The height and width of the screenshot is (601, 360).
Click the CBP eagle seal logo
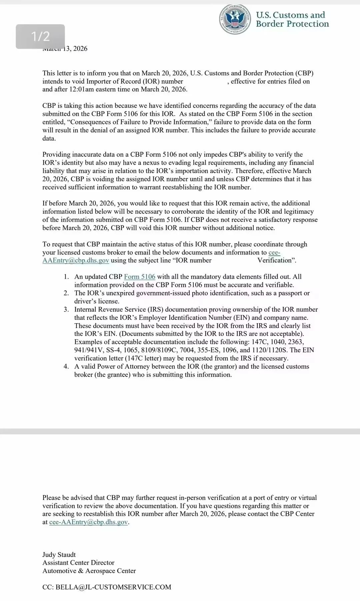pyautogui.click(x=235, y=19)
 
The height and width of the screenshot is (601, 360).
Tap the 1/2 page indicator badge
pyautogui.click(x=40, y=36)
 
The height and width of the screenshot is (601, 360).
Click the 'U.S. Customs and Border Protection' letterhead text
pyautogui.click(x=292, y=19)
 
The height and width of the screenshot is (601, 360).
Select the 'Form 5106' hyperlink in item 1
pyautogui.click(x=140, y=277)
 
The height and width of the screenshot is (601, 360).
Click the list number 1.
pyautogui.click(x=66, y=277)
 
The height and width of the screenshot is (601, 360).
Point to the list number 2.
pyautogui.click(x=66, y=293)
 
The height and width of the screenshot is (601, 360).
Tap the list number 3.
pyautogui.click(x=66, y=310)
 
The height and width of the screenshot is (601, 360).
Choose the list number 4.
pyautogui.click(x=66, y=367)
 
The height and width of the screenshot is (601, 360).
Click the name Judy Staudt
pyautogui.click(x=59, y=555)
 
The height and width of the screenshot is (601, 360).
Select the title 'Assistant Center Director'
pyautogui.click(x=78, y=563)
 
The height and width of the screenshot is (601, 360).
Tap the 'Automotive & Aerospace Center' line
pyautogui.click(x=89, y=571)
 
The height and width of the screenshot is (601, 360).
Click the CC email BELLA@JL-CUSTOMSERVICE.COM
pyautogui.click(x=113, y=587)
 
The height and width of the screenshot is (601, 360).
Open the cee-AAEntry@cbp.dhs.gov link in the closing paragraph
pyautogui.click(x=88, y=522)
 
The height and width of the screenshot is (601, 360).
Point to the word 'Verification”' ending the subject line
pyautogui.click(x=277, y=260)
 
